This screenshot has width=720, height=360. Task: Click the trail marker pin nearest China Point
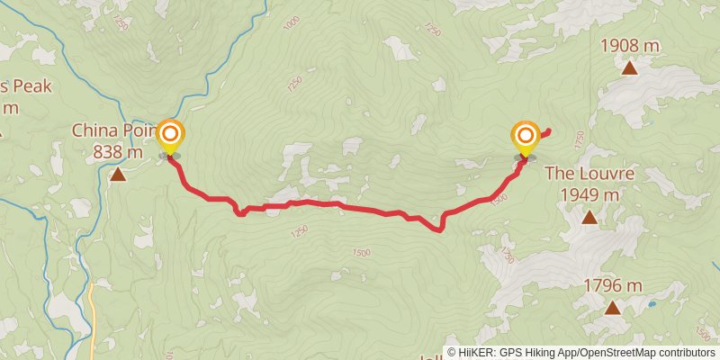[x=170, y=138]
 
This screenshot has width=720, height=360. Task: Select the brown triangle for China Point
[x=118, y=174]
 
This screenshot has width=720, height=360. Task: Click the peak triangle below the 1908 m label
[x=629, y=67]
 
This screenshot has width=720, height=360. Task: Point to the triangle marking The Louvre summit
[x=589, y=217]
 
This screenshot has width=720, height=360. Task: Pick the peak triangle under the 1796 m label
[x=612, y=309]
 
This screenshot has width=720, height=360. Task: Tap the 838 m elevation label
[x=117, y=152]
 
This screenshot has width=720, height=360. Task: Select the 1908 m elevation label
[x=629, y=44]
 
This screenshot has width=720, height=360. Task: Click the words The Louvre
[x=589, y=174]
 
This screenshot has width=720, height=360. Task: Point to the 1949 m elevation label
[x=589, y=194]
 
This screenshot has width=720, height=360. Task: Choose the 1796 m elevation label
[x=612, y=286]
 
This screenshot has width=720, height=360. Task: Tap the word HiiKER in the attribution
[x=475, y=353]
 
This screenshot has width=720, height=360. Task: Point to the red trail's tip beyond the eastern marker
[x=548, y=132]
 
